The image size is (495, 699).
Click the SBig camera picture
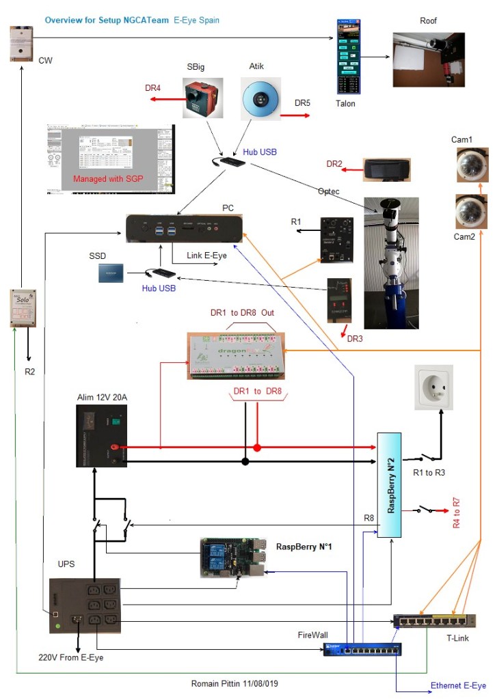coord(200,98)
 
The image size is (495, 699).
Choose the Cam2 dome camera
coord(472,210)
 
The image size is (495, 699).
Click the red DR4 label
coord(154,88)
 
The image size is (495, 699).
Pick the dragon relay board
coord(237,355)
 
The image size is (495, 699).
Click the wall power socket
coord(432,386)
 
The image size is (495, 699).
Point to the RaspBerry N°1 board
coord(230,558)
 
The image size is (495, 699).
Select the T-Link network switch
coord(433,620)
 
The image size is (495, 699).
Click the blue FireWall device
coord(362,649)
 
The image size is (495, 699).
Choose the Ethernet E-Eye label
coord(457,685)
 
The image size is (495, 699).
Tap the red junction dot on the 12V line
coord(257,448)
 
